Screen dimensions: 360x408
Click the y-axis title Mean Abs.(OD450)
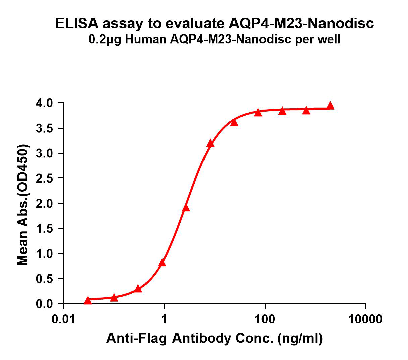23,205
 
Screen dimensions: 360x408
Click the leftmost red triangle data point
88,300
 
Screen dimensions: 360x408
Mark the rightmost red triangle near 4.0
330,106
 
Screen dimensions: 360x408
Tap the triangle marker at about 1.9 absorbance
186,208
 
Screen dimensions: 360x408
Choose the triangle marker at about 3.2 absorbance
210,144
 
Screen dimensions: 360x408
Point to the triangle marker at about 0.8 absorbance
162,263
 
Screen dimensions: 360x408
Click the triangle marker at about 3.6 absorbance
234,122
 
